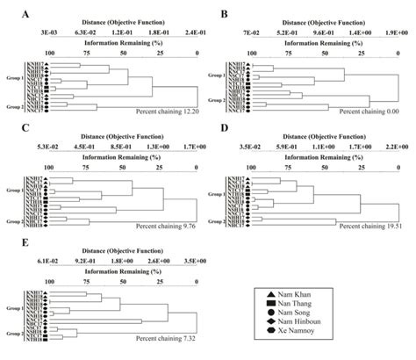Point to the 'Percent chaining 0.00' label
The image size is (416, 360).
click(x=373, y=112)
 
